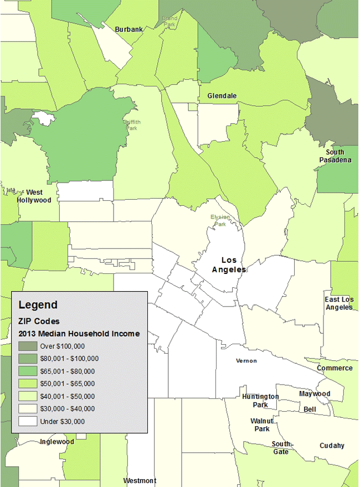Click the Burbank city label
tap(129, 29)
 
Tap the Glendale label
tap(222, 96)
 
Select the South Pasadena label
tap(335, 156)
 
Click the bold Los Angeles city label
tap(229, 265)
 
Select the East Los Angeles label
tap(339, 303)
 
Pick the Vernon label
tap(246, 361)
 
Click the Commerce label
tap(335, 368)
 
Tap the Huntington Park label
tap(260, 401)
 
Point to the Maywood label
tap(315, 394)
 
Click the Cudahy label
tap(332, 445)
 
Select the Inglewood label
tap(56, 442)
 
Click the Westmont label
tap(140, 481)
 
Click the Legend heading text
tap(38, 304)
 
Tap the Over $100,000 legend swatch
tap(27, 346)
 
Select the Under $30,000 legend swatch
tap(27, 421)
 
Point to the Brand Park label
tap(169, 22)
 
